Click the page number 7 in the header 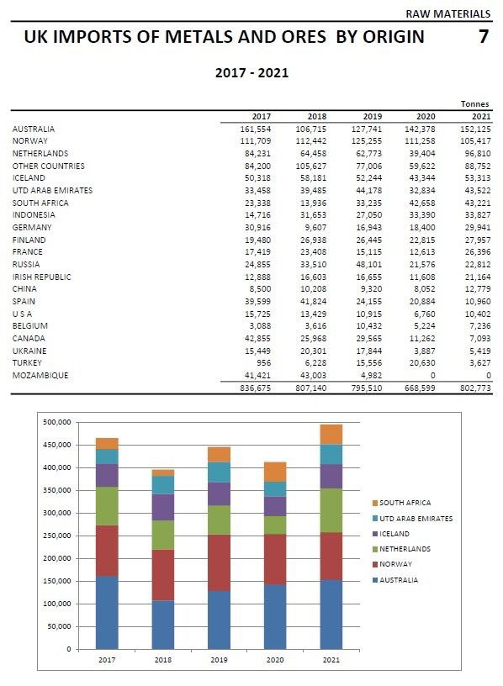click(483, 37)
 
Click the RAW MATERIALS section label click(448, 14)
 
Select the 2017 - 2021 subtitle click(251, 73)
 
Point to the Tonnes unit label click(474, 104)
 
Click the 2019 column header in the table click(372, 116)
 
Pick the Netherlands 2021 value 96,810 click(474, 154)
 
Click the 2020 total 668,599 click(422, 388)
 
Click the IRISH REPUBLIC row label click(41, 277)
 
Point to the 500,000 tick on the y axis click(57, 422)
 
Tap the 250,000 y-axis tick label click(57, 536)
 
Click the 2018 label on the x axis click(162, 661)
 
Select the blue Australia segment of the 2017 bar click(107, 611)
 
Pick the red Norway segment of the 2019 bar click(220, 562)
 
